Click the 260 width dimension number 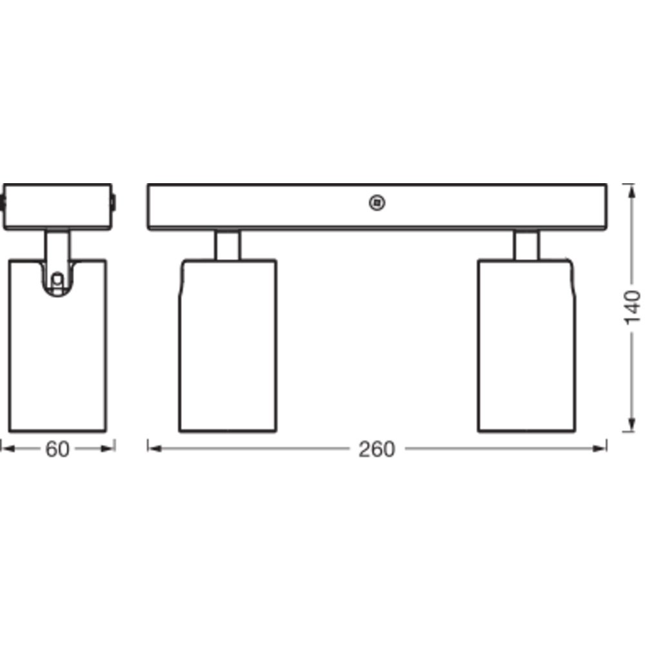click(x=377, y=449)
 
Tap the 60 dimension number click(x=57, y=449)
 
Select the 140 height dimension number click(x=632, y=307)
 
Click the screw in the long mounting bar click(x=377, y=203)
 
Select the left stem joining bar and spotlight click(x=227, y=245)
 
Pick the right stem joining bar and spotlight click(x=526, y=245)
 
